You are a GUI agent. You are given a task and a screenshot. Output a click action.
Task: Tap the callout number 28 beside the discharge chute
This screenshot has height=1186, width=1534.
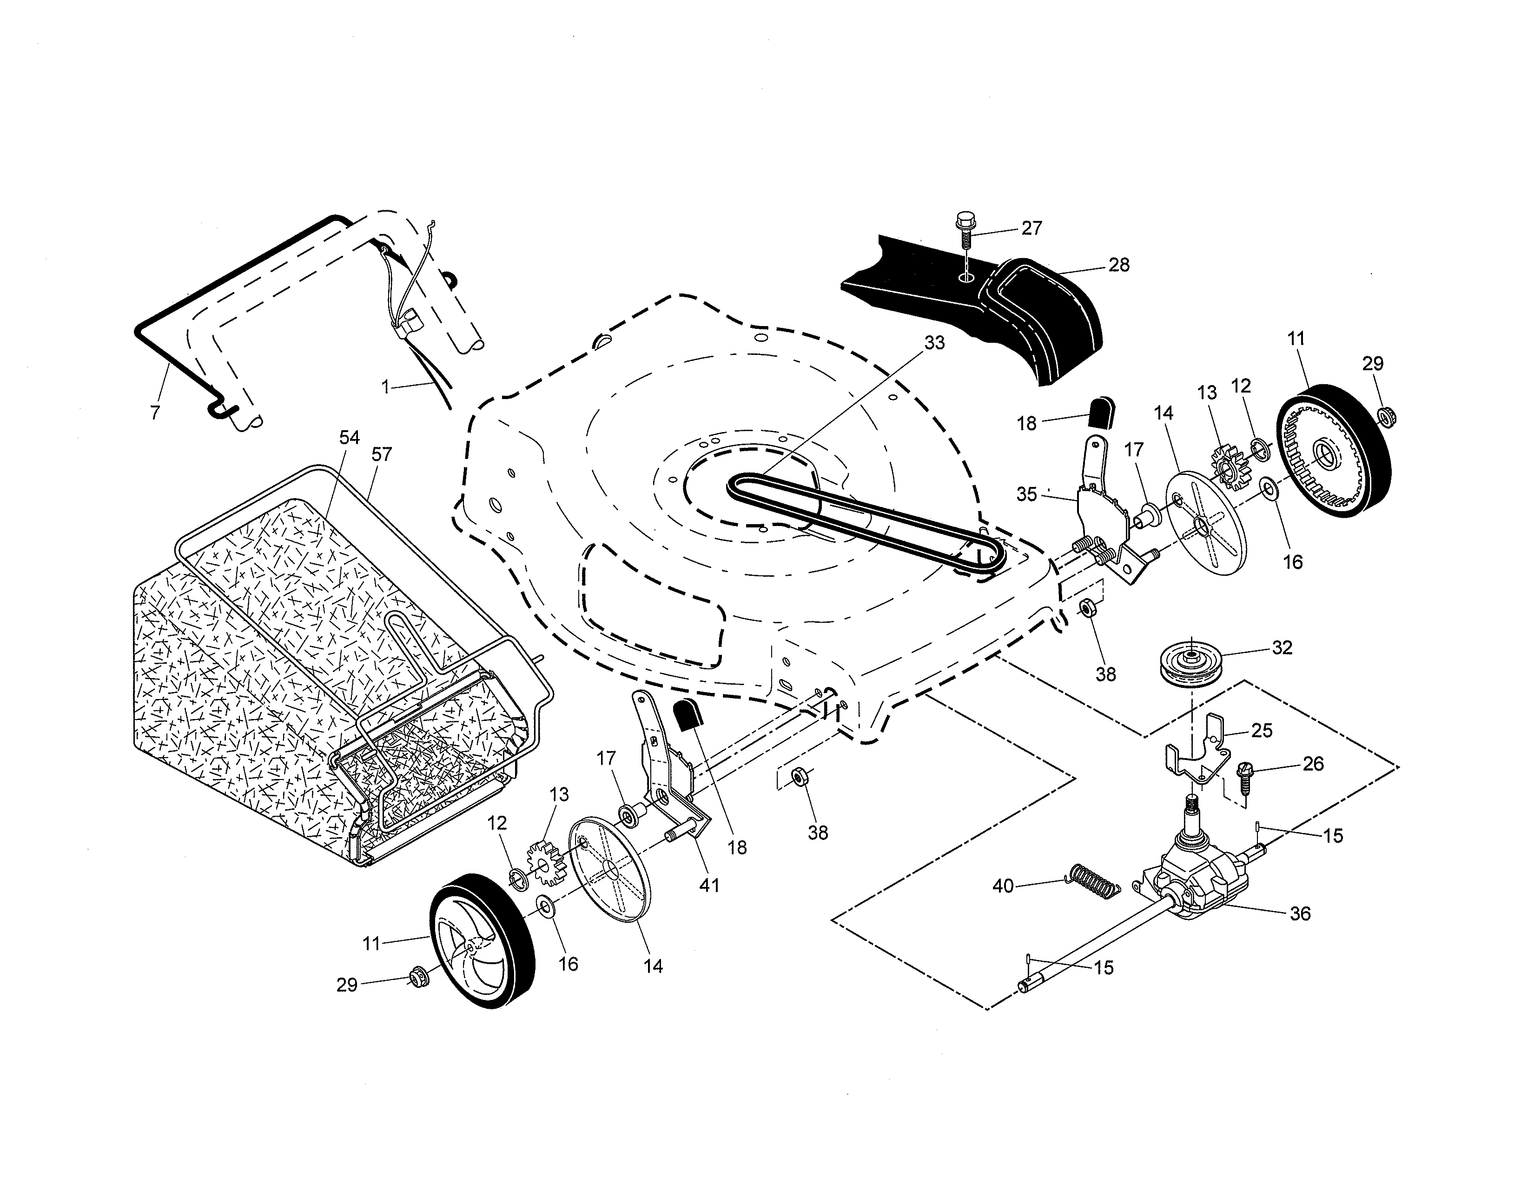(1119, 265)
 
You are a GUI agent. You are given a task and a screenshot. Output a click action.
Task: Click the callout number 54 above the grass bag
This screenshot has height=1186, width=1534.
(349, 438)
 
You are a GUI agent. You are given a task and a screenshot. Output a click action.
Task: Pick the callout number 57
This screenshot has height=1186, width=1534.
(381, 454)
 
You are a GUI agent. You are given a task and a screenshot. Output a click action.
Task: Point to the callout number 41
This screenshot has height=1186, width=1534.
(709, 885)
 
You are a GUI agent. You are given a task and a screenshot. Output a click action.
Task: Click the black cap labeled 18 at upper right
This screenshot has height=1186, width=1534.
(1101, 411)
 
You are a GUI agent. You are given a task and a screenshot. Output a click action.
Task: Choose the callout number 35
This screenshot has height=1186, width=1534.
(1027, 495)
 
